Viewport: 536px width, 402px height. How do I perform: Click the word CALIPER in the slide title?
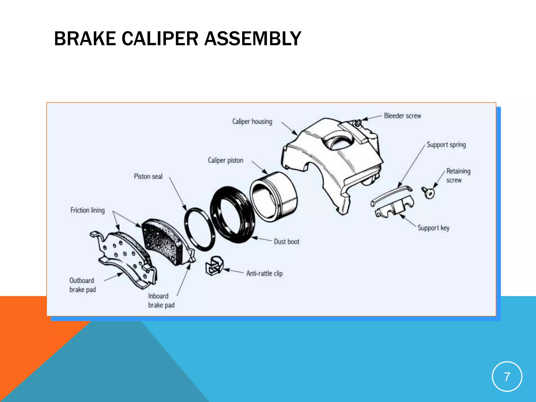point(160,39)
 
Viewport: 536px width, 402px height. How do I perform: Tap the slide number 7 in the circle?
point(507,377)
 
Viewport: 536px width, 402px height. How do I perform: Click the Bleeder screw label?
point(402,116)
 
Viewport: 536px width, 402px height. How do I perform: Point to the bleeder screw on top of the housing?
point(358,122)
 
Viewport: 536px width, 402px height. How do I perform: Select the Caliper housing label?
point(252,121)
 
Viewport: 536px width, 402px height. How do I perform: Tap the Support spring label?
point(446,145)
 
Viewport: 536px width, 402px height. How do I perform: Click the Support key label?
point(433,228)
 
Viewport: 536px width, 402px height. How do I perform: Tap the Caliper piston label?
point(225,160)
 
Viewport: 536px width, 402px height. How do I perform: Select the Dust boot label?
point(286,242)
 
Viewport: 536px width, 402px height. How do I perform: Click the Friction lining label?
point(87,210)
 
